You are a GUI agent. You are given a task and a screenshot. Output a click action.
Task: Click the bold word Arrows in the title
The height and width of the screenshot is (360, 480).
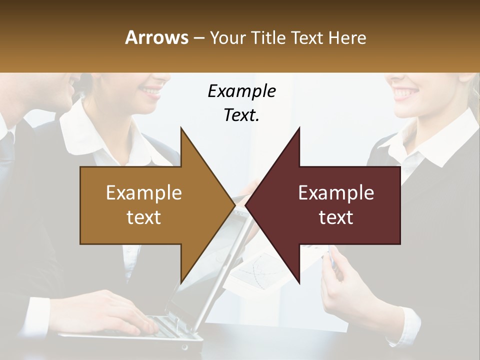click(156, 37)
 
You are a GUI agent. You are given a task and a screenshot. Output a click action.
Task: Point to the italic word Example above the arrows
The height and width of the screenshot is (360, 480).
click(241, 91)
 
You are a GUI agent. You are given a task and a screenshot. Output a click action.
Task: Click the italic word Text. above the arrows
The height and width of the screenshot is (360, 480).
click(241, 115)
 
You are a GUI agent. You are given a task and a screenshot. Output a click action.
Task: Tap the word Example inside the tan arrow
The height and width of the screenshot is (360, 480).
click(143, 192)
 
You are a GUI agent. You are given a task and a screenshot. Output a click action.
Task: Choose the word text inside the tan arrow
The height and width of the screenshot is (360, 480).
click(143, 217)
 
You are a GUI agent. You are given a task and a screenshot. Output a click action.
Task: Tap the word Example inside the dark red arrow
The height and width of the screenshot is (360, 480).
click(336, 192)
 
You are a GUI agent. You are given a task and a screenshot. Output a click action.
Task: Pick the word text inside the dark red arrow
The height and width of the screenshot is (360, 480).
click(336, 217)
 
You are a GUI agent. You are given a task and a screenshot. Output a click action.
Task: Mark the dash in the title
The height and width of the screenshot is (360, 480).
click(198, 38)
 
